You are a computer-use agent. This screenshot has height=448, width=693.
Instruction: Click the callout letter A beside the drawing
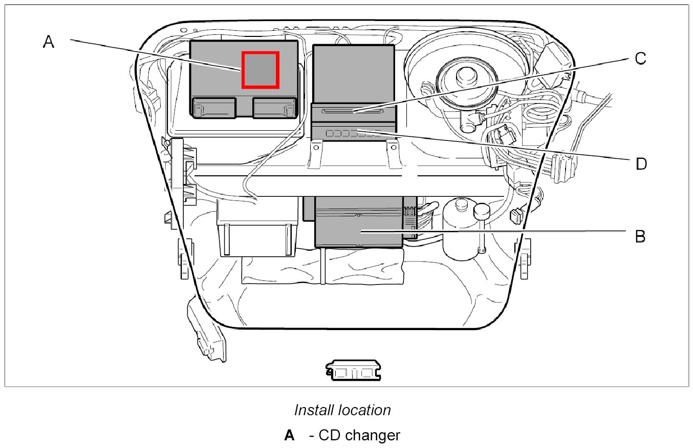pyautogui.click(x=48, y=42)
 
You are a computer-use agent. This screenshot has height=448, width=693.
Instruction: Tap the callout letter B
pyautogui.click(x=640, y=236)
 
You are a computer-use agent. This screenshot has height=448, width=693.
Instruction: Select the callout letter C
pyautogui.click(x=640, y=58)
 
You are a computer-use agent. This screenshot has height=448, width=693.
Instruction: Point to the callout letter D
pyautogui.click(x=641, y=164)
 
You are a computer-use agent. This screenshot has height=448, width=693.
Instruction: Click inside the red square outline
pyautogui.click(x=261, y=70)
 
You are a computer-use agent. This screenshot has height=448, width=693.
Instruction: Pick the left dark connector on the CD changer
pyautogui.click(x=213, y=108)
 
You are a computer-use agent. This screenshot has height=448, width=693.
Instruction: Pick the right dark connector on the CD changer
pyautogui.click(x=274, y=108)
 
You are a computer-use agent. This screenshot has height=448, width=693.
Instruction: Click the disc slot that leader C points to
pyautogui.click(x=353, y=111)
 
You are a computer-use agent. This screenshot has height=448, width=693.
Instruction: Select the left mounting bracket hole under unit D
pyautogui.click(x=316, y=148)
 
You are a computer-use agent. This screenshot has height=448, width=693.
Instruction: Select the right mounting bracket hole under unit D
pyautogui.click(x=393, y=148)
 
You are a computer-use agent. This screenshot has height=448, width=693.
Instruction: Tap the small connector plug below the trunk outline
pyautogui.click(x=354, y=370)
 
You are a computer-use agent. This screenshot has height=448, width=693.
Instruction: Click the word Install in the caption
pyautogui.click(x=313, y=410)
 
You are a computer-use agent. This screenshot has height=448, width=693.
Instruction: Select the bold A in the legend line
pyautogui.click(x=290, y=436)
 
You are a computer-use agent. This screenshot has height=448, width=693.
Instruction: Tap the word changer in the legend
pyautogui.click(x=372, y=436)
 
